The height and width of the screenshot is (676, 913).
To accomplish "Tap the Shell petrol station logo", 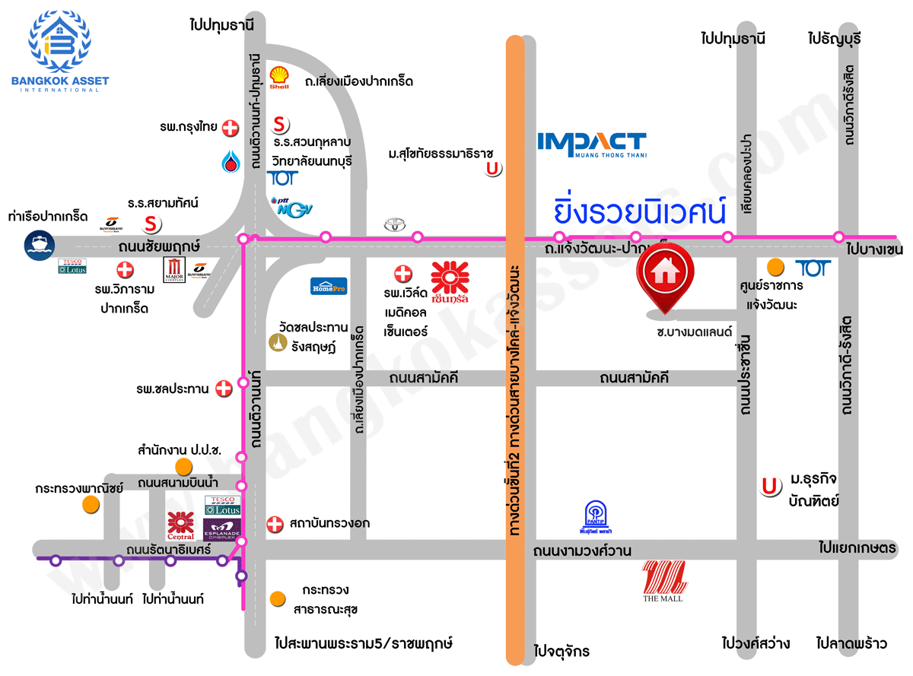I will (279, 78).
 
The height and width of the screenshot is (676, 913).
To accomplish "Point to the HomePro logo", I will (329, 286).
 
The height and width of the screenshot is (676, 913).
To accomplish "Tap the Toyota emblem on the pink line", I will (393, 226).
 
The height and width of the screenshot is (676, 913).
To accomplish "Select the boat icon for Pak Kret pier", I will (38, 246).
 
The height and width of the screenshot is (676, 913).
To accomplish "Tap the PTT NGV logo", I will (291, 206).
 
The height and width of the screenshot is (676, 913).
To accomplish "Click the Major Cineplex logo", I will (174, 269).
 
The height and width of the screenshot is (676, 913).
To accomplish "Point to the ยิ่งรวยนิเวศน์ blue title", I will (640, 211).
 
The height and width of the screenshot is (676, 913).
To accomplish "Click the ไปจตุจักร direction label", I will (561, 652).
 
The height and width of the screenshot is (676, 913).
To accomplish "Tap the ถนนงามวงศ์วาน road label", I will (582, 551).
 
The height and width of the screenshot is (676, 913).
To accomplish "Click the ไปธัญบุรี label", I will (835, 38).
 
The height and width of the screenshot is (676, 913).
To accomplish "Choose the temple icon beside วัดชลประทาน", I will (277, 344).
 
